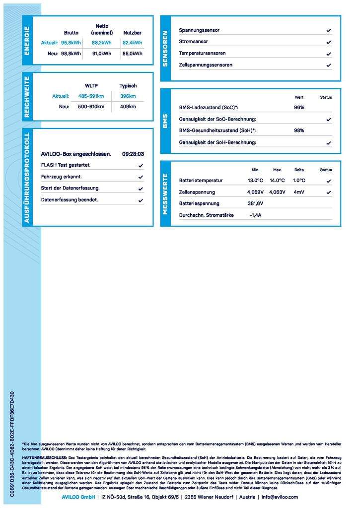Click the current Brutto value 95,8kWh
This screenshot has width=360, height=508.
tap(71, 43)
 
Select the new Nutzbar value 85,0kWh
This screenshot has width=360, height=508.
tap(132, 54)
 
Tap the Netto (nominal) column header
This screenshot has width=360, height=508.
tap(102, 29)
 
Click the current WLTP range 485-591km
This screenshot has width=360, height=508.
tap(91, 96)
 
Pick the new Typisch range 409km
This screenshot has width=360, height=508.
tap(128, 107)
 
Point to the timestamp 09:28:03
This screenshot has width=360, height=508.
tap(133, 154)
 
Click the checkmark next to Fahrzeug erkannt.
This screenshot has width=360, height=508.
tap(141, 177)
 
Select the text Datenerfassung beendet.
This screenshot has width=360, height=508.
tap(70, 200)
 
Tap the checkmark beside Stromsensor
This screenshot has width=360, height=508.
tap(329, 42)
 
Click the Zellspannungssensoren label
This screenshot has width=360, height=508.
tap(206, 65)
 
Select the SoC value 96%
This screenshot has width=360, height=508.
tap(299, 107)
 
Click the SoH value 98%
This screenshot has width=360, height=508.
tap(299, 130)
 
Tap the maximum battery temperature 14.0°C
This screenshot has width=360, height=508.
tap(277, 181)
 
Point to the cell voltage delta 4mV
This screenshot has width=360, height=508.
tap(299, 192)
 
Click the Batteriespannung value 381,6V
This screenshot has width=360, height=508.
tap(255, 203)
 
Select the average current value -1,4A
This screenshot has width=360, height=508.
tap(255, 215)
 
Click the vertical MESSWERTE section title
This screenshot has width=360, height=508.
tap(165, 193)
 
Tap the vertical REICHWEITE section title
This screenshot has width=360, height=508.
tap(27, 97)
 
